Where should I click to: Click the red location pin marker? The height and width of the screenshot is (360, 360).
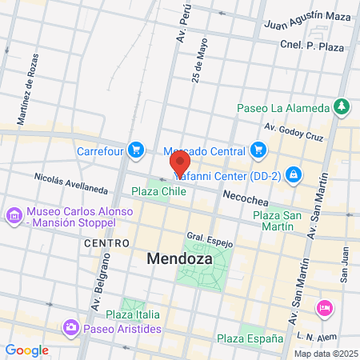179,164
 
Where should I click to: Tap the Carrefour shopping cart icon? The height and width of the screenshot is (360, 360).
135,149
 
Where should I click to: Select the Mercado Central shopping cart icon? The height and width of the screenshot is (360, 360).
257,149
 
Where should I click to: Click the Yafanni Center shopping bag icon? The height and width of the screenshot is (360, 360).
294,172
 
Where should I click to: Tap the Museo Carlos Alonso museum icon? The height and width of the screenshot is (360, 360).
13,215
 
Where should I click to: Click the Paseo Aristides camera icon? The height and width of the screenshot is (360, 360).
71,328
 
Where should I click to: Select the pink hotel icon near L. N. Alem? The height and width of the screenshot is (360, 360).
324,307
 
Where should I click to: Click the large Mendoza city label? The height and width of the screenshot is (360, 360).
178,258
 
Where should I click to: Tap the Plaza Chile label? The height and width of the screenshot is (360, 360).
159,192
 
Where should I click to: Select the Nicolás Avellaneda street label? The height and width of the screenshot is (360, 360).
70,183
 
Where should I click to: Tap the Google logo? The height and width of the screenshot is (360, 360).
26,350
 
